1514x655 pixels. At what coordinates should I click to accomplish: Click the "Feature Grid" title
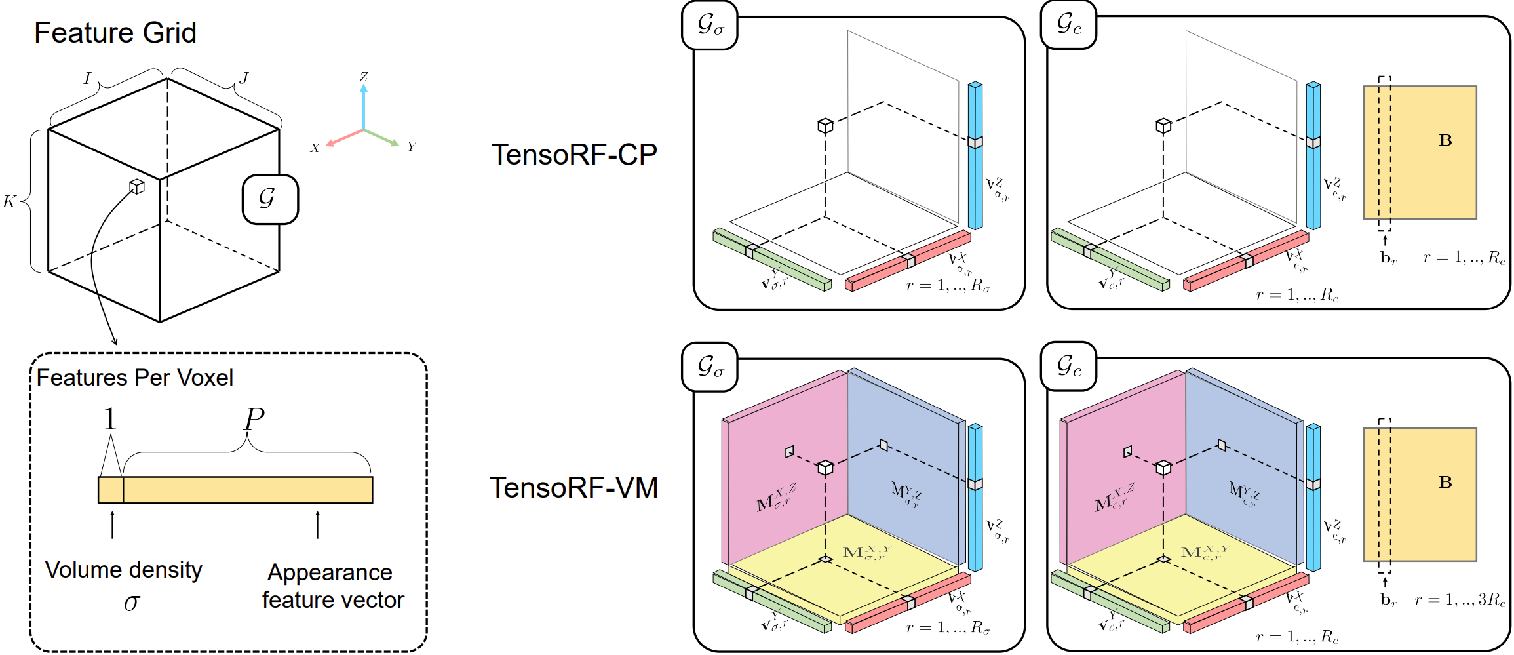pos(115,33)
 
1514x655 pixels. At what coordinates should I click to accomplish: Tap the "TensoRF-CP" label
pos(574,155)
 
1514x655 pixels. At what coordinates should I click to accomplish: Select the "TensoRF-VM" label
pos(573,488)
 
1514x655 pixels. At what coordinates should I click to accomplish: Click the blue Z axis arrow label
pos(364,77)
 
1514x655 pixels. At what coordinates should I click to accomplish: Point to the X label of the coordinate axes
pos(315,148)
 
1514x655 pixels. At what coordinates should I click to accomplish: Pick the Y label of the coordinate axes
pos(412,146)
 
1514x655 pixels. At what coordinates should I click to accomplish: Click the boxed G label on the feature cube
pos(270,199)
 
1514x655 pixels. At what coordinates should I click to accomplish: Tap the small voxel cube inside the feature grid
pos(136,187)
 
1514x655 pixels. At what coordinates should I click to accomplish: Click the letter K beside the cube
pos(9,201)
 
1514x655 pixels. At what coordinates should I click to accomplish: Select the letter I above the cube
pos(87,79)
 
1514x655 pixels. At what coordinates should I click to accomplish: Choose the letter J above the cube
pos(244,78)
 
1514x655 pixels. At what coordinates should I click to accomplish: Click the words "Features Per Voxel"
pos(135,378)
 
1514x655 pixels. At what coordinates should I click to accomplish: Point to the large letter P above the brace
pos(254,420)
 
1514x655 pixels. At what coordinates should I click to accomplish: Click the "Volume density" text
pos(123,570)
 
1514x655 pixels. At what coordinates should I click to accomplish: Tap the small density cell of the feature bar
pos(111,490)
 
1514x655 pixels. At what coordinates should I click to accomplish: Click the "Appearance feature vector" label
pos(332,586)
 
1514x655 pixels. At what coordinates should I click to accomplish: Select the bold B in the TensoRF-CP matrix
pos(1445,140)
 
